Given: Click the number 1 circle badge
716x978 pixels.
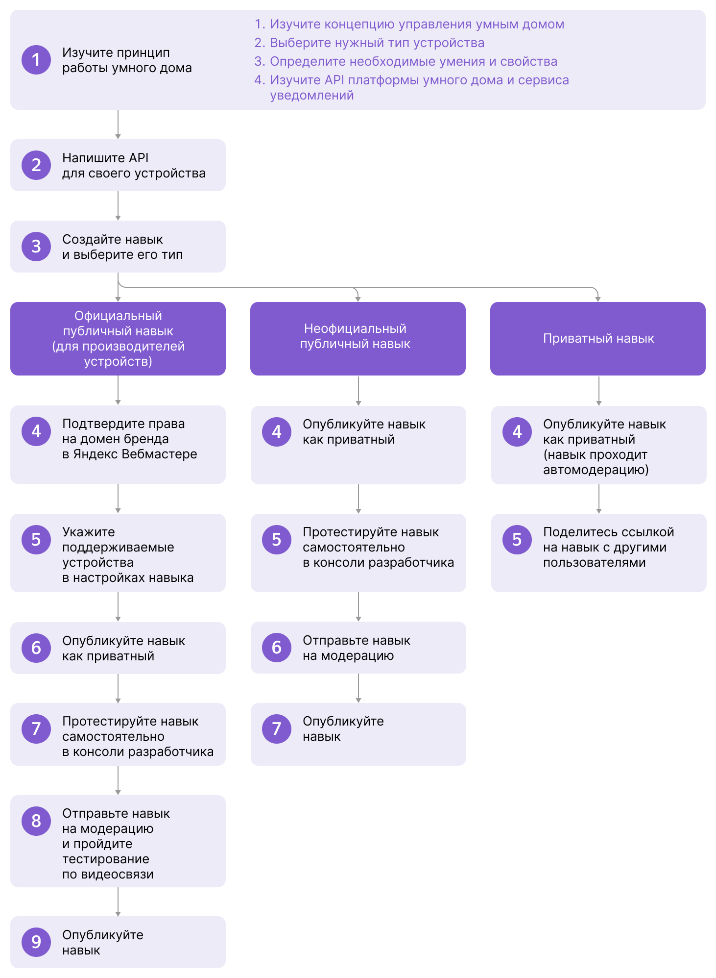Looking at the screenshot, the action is click(x=36, y=60).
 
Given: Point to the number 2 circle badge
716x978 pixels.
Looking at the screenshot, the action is click(x=36, y=165).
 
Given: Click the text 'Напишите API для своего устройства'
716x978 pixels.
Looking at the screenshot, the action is click(x=134, y=166).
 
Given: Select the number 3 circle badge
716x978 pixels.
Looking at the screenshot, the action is click(x=36, y=247).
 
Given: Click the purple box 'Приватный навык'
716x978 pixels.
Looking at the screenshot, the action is click(x=598, y=339).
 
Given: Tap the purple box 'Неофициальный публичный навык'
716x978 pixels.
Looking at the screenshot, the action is click(x=358, y=339).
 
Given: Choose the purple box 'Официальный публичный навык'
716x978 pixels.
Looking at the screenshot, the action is click(x=118, y=339).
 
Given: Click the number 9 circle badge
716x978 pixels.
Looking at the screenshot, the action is click(x=36, y=942).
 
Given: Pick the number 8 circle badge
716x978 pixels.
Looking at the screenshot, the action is click(x=36, y=821).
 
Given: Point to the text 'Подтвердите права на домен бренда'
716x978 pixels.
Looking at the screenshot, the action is click(x=123, y=431).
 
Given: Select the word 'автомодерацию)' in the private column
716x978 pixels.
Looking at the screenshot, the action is click(x=596, y=470).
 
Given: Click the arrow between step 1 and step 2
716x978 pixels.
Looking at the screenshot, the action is click(x=118, y=125).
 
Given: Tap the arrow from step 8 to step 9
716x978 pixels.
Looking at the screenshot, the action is click(x=118, y=902).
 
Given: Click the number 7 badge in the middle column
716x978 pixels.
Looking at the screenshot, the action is click(x=277, y=729).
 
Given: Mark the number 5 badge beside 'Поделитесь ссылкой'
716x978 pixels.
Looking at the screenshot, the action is click(x=517, y=540).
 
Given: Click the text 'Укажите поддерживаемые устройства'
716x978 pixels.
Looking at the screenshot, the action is click(x=118, y=548).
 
